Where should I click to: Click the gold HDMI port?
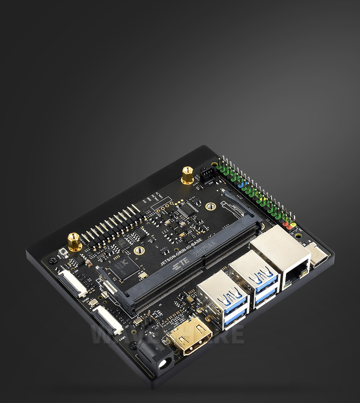click(x=189, y=337)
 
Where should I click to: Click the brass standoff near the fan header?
click(x=187, y=175)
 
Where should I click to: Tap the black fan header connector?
click(x=207, y=174)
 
